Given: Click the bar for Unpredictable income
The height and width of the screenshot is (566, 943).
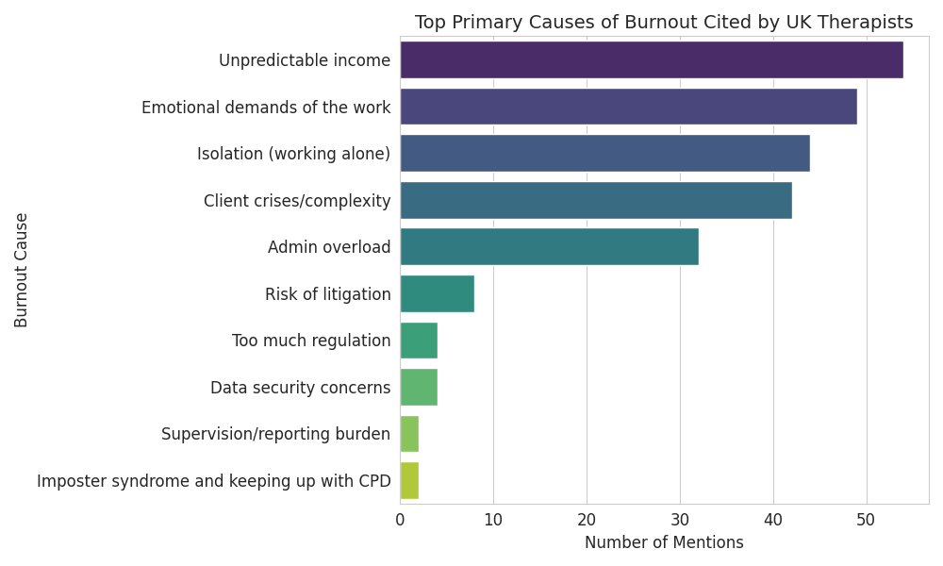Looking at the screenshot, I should pyautogui.click(x=651, y=60).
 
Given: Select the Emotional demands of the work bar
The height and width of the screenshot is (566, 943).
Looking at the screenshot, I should pyautogui.click(x=628, y=107).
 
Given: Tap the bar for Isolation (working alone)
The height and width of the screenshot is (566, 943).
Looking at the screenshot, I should pyautogui.click(x=604, y=153).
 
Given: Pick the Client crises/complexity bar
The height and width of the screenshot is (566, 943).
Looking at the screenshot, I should pyautogui.click(x=595, y=200).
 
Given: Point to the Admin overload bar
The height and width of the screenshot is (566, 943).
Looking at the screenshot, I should pyautogui.click(x=549, y=246).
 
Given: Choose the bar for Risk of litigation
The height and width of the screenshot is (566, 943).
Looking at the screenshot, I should pyautogui.click(x=437, y=293).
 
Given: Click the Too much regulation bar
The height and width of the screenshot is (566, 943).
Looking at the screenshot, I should pyautogui.click(x=419, y=340).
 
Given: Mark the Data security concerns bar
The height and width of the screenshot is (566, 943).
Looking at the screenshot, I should pyautogui.click(x=419, y=387).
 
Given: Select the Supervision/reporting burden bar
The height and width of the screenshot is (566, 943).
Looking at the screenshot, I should pyautogui.click(x=409, y=434).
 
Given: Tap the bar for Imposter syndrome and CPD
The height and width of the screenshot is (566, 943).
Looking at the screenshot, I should pyautogui.click(x=409, y=480).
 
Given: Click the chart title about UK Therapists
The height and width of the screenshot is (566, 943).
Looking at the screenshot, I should pyautogui.click(x=664, y=23).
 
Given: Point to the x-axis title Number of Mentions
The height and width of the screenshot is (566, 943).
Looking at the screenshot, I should pyautogui.click(x=664, y=542).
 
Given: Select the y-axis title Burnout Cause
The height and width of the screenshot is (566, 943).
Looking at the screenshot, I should pyautogui.click(x=22, y=270).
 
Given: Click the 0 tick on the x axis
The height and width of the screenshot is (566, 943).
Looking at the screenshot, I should pyautogui.click(x=400, y=518).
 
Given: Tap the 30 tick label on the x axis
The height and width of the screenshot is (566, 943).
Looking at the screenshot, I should pyautogui.click(x=680, y=518).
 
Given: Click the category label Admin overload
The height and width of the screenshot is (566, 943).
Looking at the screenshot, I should pyautogui.click(x=329, y=247).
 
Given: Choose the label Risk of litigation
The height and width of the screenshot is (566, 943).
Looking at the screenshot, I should pyautogui.click(x=327, y=294).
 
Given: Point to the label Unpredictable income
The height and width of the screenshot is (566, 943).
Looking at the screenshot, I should pyautogui.click(x=305, y=60).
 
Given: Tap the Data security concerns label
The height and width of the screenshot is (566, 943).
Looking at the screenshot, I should pyautogui.click(x=300, y=388).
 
